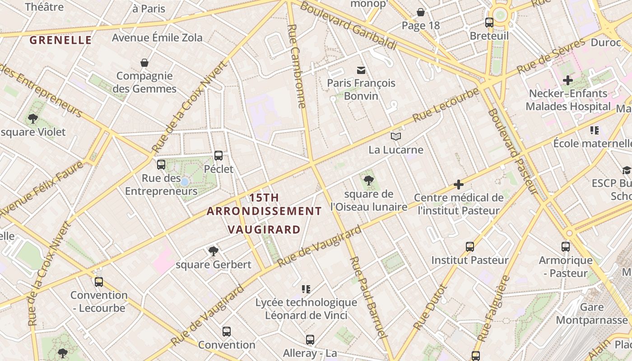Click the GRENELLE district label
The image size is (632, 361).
(60, 40)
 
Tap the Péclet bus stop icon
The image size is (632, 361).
(218, 156)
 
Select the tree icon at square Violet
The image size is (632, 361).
(33, 119)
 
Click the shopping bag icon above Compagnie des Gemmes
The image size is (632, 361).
(144, 62)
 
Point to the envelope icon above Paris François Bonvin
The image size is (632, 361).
(361, 70)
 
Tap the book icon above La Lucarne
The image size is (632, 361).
(396, 136)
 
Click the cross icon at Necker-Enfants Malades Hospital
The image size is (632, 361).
(567, 80)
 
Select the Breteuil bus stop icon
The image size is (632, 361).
(489, 23)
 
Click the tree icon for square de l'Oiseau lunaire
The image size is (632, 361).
(368, 180)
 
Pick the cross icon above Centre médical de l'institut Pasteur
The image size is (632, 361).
(459, 184)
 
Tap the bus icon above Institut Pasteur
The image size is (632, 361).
(470, 247)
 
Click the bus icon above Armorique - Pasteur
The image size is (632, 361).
(566, 247)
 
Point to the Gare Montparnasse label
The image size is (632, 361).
(591, 314)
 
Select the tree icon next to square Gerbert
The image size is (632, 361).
(214, 251)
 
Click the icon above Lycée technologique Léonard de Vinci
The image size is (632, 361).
(306, 289)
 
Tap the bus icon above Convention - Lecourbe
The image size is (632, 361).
(99, 282)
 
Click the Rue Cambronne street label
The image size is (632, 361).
(297, 66)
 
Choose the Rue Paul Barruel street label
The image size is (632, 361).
(369, 297)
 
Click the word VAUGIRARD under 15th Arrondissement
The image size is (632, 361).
(264, 229)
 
